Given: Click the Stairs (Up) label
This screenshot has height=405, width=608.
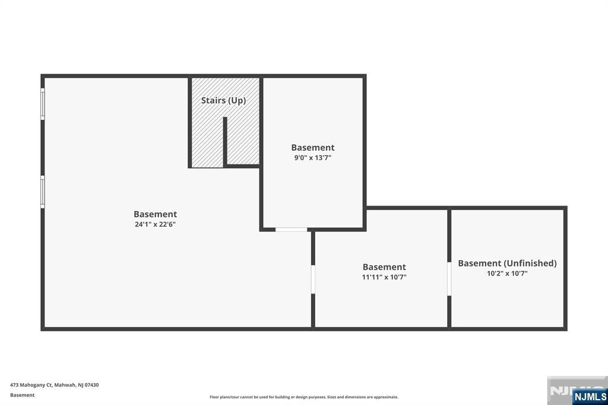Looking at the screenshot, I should (223, 100).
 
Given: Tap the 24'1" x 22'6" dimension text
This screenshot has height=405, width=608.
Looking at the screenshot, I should (155, 224).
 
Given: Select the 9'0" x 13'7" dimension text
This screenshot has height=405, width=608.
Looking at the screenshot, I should (312, 158).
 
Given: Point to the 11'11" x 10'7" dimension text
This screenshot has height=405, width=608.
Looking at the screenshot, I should (384, 277).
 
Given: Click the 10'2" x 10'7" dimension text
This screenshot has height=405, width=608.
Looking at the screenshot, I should (507, 274).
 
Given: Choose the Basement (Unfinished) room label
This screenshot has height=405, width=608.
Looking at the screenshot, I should (507, 263).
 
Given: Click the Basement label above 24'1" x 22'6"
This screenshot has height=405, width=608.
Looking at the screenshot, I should (155, 214).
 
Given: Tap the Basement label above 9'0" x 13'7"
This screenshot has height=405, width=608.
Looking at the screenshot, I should (312, 147).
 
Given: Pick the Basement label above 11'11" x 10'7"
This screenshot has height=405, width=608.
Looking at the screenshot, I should (384, 267).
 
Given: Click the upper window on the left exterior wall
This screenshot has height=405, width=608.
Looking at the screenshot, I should (43, 104).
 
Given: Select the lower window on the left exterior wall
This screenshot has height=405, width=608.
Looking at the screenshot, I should (43, 191).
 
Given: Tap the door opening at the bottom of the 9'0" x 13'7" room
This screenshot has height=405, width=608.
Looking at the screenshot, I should (291, 229).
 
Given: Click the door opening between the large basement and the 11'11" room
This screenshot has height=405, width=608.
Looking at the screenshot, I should (313, 279).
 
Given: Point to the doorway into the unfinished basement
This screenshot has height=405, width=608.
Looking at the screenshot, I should (449, 279).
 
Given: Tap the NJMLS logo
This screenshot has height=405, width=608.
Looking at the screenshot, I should (590, 396).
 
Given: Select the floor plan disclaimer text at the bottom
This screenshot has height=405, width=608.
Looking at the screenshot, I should (303, 397).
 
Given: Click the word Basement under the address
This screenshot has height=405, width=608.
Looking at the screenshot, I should (23, 395).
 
